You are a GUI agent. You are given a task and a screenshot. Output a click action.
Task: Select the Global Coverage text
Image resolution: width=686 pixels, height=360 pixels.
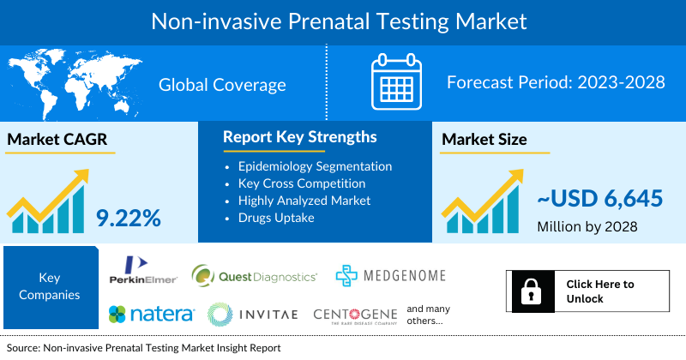(x=222, y=84)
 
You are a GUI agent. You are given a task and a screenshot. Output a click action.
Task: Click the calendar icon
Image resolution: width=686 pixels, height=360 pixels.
(x=397, y=82)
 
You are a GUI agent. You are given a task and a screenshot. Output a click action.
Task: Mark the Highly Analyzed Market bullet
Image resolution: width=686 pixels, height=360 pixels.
(x=304, y=200)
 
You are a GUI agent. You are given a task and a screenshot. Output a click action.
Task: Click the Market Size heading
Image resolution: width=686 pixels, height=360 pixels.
(x=484, y=139)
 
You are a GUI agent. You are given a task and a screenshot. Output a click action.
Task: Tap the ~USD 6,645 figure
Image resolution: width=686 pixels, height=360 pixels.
(x=600, y=199)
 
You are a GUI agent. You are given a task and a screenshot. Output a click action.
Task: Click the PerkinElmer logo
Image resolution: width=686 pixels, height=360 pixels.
(x=143, y=270)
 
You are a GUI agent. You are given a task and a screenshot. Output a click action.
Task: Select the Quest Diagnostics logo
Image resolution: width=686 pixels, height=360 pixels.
(x=254, y=275)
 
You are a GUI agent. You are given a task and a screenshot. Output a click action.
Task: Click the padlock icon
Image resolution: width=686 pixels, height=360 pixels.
(x=529, y=291)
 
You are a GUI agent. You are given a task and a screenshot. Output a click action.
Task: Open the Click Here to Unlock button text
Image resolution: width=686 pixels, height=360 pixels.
(x=600, y=291)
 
